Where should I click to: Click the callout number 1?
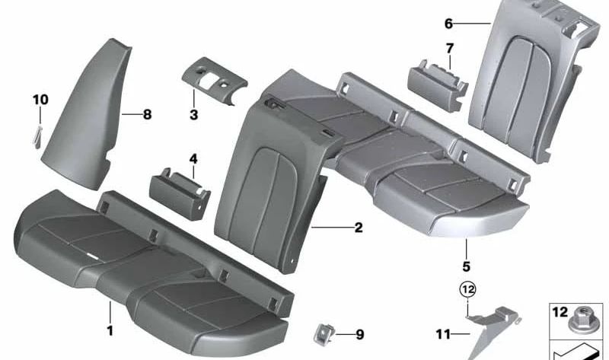click(110, 330)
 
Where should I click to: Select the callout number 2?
click(359, 227)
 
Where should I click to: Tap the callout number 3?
click(193, 115)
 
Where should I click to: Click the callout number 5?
click(466, 266)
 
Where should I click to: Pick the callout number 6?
click(449, 24)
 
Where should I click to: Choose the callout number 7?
click(450, 49)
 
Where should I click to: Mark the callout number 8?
click(147, 115)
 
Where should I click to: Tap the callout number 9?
click(360, 333)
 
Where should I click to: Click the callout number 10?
click(40, 99)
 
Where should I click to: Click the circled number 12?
click(466, 290)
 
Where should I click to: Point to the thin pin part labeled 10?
click(39, 133)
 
